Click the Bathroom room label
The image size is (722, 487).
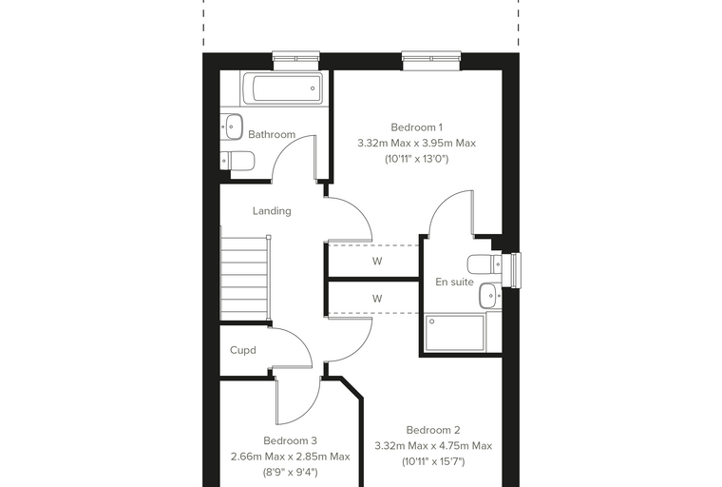tap(272, 134)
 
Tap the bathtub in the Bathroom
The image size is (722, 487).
tap(282, 88)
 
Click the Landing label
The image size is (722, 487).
tap(272, 211)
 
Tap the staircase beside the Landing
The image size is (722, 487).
tap(245, 278)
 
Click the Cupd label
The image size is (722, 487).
tap(242, 350)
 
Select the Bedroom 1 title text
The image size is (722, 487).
tap(416, 127)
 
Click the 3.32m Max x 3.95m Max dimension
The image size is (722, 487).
tap(416, 143)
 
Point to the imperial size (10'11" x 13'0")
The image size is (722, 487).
tap(416, 159)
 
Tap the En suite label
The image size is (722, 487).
tap(454, 282)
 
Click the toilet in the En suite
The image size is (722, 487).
tap(484, 264)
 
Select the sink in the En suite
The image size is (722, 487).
tap(490, 296)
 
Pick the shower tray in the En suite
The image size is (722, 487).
tap(455, 333)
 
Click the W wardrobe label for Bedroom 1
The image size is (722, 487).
tap(377, 262)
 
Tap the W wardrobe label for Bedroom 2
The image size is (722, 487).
tap(377, 299)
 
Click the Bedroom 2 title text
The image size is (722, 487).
tap(433, 430)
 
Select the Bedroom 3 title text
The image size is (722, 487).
tap(290, 441)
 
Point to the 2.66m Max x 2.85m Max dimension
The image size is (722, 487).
tap(290, 457)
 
